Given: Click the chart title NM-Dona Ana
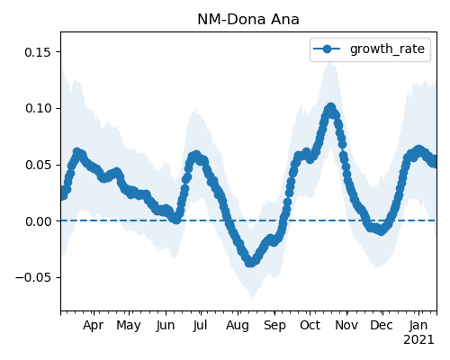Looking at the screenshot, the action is tap(248, 20).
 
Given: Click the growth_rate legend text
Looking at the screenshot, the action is tap(387, 49).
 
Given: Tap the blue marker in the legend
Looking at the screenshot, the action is tap(327, 49).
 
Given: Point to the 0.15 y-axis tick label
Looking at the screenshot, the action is tap(38, 52).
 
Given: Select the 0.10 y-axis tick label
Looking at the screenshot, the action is tap(38, 108).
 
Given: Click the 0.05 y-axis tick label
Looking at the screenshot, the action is tap(38, 165).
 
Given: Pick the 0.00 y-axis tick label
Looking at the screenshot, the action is tap(38, 221).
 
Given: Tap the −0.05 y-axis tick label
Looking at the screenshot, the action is tap(33, 277).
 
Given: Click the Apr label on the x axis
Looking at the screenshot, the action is tap(94, 326).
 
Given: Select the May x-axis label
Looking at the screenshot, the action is tap(129, 326).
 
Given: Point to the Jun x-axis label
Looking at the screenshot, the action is tap(166, 326).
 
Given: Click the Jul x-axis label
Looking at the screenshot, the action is tap(200, 326).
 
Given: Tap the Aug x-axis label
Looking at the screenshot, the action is tap(238, 326).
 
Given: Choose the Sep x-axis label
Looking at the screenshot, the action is tap(274, 326).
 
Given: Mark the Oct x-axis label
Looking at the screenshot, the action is tap(310, 326).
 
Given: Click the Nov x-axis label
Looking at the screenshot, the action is tap(346, 326).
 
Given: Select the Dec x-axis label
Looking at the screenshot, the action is tap(382, 326).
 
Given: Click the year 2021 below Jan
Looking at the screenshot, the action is tap(418, 340).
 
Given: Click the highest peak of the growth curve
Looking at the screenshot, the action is tap(330, 108).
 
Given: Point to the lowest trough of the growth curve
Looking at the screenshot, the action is tap(251, 262).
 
